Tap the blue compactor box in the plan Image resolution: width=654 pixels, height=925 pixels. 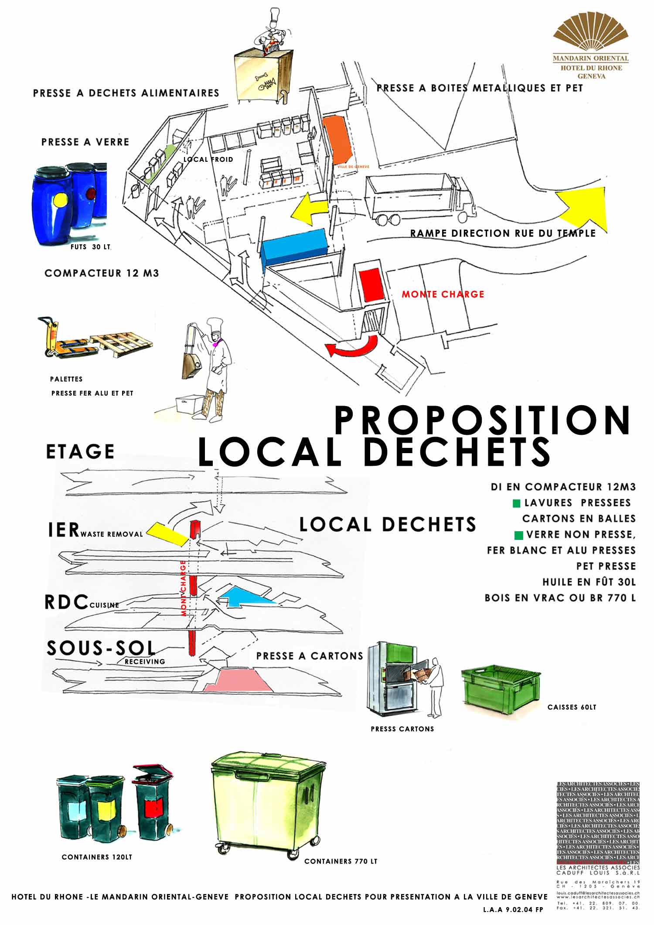pyautogui.click(x=294, y=247)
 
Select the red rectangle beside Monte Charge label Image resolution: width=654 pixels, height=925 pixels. pyautogui.click(x=371, y=284)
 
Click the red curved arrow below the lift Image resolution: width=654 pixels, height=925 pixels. pyautogui.click(x=352, y=347)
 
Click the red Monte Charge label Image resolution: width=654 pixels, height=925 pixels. pyautogui.click(x=443, y=294)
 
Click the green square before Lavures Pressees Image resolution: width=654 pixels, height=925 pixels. pyautogui.click(x=517, y=503)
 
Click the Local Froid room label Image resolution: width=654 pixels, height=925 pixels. pyautogui.click(x=208, y=160)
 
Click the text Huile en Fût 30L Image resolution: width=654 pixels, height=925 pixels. pyautogui.click(x=589, y=582)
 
